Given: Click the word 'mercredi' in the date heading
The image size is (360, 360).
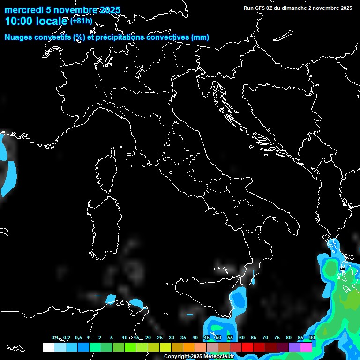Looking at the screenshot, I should [22, 10].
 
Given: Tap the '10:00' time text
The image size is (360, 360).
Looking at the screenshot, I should [17, 21].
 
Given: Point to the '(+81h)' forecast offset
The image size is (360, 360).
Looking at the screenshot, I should [81, 21].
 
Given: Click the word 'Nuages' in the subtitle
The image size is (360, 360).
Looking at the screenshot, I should [19, 37].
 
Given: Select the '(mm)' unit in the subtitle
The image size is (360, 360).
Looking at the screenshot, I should [200, 37].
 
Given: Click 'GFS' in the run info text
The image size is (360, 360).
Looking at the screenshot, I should [259, 8].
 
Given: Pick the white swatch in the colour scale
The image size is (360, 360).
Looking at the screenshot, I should [48, 347].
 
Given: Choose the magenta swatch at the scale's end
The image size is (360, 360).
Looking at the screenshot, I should [306, 347].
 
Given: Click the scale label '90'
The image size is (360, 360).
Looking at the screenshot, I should [312, 337].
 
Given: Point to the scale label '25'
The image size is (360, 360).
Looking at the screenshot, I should [160, 337].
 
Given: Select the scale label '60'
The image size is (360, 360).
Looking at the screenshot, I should [242, 337].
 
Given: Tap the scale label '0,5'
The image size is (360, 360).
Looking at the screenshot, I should [78, 337].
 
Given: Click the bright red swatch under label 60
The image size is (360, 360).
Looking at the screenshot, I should [247, 347].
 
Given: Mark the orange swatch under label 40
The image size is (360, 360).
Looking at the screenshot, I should [189, 347].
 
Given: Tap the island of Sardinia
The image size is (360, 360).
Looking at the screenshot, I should [102, 225].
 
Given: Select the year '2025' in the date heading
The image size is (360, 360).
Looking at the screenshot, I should [107, 10].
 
